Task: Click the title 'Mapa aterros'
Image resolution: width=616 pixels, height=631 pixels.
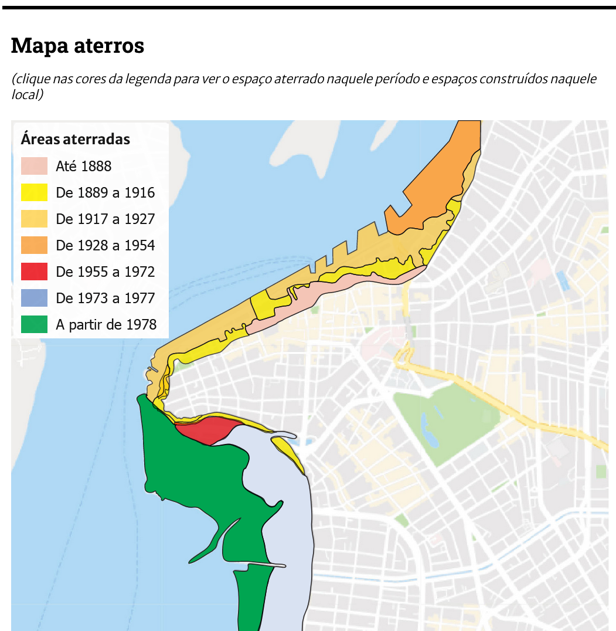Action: coord(77,45)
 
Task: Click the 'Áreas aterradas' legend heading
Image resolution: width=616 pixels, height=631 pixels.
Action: coord(75,140)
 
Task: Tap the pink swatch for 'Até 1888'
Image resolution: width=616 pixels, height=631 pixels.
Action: coord(34,166)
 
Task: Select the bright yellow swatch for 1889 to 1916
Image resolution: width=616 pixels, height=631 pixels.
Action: coord(34,192)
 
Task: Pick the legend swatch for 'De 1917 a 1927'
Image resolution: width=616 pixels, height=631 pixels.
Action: coord(34,219)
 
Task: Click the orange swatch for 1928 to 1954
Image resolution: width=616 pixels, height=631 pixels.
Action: coord(34,245)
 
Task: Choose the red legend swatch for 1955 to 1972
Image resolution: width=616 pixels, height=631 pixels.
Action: coord(34,272)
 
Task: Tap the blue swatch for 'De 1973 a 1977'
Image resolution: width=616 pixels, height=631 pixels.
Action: coord(34,298)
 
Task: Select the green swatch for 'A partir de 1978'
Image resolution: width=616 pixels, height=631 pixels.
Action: coord(34,324)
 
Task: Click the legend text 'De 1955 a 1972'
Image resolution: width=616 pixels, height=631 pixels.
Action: coord(105,272)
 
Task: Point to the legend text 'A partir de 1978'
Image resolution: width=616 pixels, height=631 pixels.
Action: coord(106,325)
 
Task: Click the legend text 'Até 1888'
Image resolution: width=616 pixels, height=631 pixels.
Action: coord(84,167)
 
